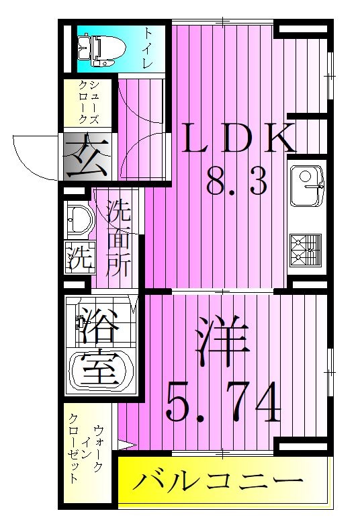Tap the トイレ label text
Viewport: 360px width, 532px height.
click(x=148, y=47)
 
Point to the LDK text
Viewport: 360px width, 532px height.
click(x=238, y=140)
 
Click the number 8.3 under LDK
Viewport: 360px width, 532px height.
click(x=236, y=181)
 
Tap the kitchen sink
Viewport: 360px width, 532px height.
click(x=306, y=185)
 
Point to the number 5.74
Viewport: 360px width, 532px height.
click(x=222, y=402)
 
